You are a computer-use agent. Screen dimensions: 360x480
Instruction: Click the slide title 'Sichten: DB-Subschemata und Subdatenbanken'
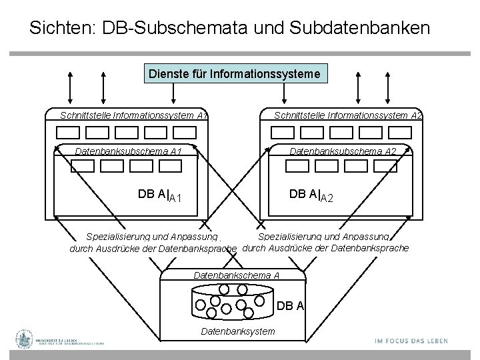click(x=230, y=28)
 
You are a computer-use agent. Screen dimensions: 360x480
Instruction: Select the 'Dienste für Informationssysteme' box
click(x=237, y=72)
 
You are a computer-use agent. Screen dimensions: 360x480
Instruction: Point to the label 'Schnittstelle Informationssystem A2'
click(x=348, y=115)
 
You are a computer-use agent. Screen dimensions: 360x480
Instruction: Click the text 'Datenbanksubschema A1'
click(x=128, y=151)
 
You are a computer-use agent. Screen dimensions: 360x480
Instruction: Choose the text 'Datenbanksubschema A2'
click(x=343, y=151)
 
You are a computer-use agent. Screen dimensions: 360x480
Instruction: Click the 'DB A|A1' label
click(x=160, y=195)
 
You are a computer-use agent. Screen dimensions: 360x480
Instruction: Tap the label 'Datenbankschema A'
click(x=236, y=275)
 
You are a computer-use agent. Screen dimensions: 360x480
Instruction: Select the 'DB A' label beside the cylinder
click(x=291, y=306)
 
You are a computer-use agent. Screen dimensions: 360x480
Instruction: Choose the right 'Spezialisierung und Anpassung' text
click(x=323, y=236)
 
